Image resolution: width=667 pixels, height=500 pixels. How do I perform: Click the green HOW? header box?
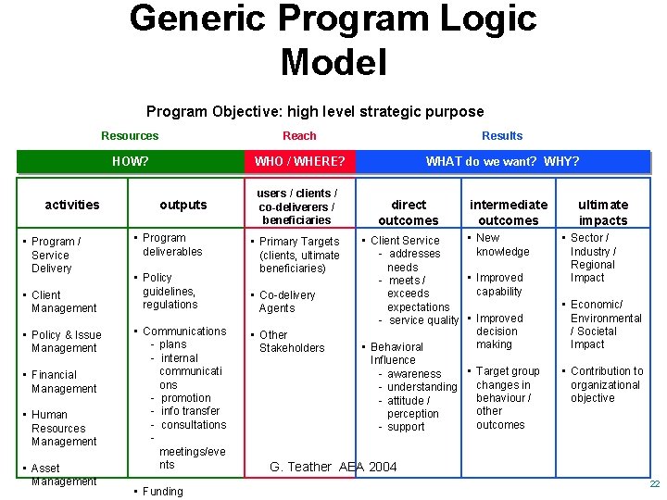click(x=130, y=161)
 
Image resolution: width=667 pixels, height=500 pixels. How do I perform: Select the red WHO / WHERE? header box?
click(x=299, y=161)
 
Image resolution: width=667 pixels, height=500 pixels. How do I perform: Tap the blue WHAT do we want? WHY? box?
click(x=502, y=161)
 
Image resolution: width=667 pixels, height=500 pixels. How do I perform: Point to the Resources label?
click(x=130, y=135)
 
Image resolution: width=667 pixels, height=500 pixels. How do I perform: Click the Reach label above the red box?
click(x=299, y=135)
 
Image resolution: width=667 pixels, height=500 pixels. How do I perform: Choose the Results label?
click(x=502, y=135)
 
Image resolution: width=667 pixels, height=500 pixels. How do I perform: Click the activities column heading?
click(x=72, y=205)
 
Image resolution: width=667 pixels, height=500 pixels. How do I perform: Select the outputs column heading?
click(x=183, y=205)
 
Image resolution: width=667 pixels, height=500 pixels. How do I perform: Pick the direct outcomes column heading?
click(x=409, y=212)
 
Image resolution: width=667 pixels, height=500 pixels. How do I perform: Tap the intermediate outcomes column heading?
click(x=509, y=212)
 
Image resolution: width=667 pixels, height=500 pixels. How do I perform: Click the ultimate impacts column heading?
click(x=603, y=212)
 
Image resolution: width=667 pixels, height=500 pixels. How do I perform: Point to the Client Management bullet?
click(x=63, y=302)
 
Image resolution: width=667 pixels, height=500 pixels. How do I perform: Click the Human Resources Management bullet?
click(x=63, y=428)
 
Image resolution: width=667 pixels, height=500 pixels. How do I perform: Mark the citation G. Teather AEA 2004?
click(x=333, y=467)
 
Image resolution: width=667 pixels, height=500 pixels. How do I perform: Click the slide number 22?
click(x=654, y=484)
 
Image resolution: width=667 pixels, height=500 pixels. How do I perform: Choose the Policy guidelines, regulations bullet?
click(x=170, y=291)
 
